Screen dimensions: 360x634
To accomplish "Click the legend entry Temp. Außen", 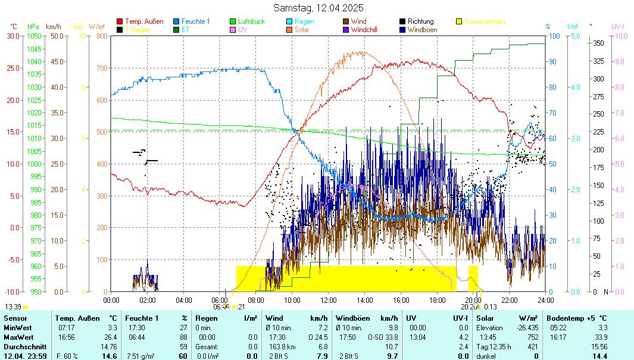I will [x=143, y=21].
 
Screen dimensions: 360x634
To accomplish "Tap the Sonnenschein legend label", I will [x=485, y=21].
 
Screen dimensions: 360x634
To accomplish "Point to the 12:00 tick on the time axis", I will [x=329, y=300].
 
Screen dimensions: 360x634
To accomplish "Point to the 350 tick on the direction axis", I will [x=599, y=43].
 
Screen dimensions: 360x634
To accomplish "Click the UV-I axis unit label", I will [x=618, y=26].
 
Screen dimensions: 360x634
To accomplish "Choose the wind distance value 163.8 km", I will [x=279, y=347].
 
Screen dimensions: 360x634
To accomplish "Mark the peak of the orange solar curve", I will [x=361, y=52].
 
